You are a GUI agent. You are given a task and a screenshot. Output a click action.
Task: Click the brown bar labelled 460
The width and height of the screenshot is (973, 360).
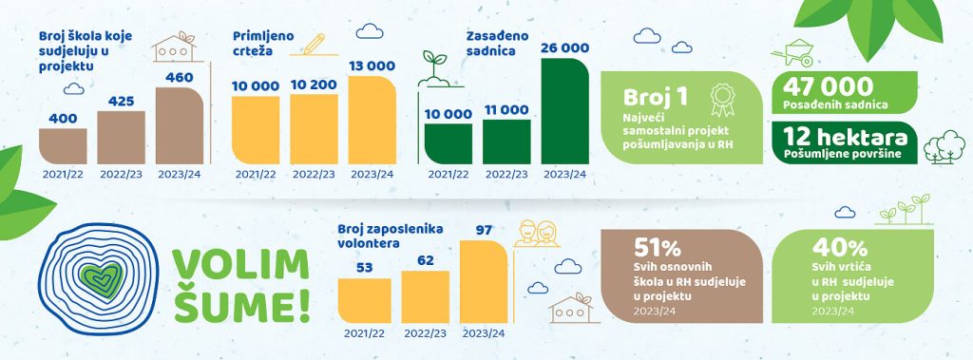click(180, 125)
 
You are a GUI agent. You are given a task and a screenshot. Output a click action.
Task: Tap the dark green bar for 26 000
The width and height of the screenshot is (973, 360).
click(565, 111)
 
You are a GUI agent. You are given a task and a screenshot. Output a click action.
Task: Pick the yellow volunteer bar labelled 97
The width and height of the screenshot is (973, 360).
click(484, 281)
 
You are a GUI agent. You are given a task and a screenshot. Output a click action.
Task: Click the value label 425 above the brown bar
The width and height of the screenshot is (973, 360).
click(121, 102)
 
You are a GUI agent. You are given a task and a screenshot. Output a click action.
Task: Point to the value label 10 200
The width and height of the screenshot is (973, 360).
click(314, 85)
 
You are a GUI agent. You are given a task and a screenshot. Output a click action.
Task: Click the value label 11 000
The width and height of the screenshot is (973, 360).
click(506, 110)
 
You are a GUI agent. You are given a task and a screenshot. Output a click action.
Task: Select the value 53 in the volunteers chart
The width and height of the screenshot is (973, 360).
click(364, 268)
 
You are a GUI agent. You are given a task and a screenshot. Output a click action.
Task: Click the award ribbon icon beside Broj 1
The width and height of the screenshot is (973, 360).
click(722, 101)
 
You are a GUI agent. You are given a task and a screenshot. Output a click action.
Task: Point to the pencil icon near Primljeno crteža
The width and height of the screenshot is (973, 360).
click(315, 44)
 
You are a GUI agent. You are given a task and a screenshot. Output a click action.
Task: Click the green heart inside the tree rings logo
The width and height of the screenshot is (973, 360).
click(102, 279)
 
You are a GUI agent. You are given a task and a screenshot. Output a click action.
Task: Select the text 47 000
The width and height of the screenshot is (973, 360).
click(828, 86)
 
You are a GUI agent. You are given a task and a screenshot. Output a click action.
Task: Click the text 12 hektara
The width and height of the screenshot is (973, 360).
click(845, 137)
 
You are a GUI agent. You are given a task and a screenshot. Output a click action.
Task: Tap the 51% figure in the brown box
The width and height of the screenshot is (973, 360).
click(658, 248)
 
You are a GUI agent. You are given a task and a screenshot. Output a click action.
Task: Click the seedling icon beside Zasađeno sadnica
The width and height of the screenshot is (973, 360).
click(435, 68)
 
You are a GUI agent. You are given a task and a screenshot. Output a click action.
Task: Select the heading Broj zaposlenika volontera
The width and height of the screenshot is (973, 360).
click(391, 237)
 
